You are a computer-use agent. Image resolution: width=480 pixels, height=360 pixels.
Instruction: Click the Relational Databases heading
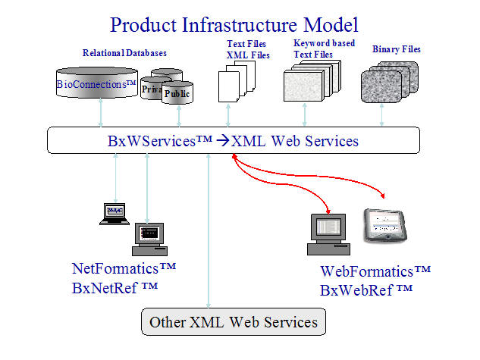124,53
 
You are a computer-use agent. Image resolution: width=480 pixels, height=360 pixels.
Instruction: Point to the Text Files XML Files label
246,49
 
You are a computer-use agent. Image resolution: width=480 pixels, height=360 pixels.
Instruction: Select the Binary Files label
397,49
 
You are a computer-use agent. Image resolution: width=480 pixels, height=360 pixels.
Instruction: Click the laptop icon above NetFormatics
114,213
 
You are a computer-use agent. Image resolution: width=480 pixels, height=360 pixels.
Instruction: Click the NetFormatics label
124,268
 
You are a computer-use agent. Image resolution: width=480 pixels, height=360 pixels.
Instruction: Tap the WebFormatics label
375,271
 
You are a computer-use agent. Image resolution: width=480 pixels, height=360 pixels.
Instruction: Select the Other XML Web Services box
234,322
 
